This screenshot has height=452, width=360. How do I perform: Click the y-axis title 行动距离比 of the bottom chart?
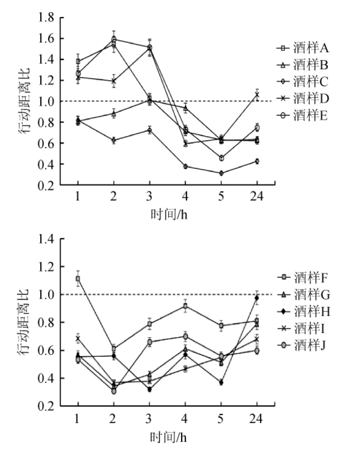(x=24, y=322)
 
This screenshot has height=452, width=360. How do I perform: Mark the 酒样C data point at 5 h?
(x=221, y=173)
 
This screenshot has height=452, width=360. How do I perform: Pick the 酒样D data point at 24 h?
(x=257, y=95)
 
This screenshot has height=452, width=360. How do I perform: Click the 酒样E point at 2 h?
(x=114, y=40)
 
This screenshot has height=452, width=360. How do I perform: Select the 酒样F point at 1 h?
(x=78, y=278)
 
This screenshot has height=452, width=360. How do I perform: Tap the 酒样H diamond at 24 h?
(x=257, y=298)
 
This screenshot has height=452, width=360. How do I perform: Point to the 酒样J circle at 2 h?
(x=114, y=391)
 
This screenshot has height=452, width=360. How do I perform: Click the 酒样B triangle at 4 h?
(x=185, y=108)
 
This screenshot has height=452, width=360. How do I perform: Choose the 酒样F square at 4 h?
(x=185, y=306)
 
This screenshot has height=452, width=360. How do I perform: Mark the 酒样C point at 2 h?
(x=114, y=140)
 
